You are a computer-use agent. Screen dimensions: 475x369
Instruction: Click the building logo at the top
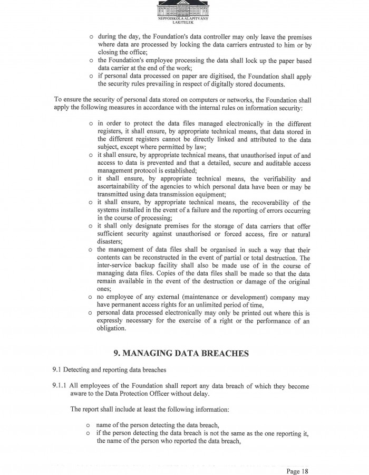pos(183,8)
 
